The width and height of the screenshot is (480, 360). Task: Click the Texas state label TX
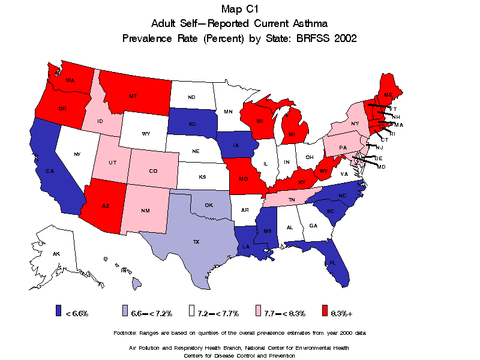click(x=196, y=242)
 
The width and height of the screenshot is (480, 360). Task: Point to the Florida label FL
click(x=332, y=263)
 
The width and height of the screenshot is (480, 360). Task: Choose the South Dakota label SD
click(x=192, y=123)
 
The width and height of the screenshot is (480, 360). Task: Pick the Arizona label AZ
click(x=106, y=206)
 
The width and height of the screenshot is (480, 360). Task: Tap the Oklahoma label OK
click(x=209, y=205)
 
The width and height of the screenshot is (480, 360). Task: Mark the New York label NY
click(x=355, y=124)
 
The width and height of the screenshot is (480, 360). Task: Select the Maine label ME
click(x=388, y=95)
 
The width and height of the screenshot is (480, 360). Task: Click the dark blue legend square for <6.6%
click(x=58, y=310)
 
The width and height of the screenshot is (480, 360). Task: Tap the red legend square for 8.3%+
click(x=325, y=310)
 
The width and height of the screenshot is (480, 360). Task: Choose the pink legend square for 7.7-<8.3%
click(x=258, y=310)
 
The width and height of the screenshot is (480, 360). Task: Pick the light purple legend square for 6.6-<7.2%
click(x=125, y=310)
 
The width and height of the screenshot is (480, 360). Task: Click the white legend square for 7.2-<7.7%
click(x=191, y=310)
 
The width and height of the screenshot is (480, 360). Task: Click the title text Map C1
click(x=239, y=8)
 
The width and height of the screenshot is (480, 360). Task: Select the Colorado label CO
click(x=153, y=171)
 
